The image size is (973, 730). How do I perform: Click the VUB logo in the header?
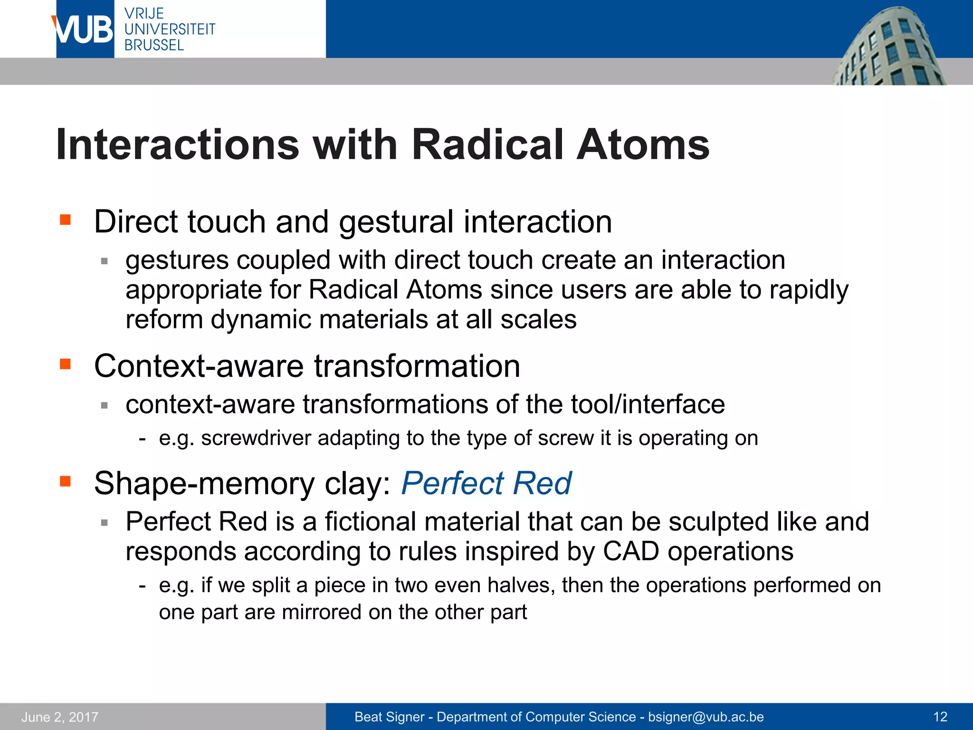pyautogui.click(x=85, y=29)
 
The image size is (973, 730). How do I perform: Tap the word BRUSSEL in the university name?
pyautogui.click(x=154, y=45)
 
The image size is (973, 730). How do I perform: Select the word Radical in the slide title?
pyautogui.click(x=487, y=144)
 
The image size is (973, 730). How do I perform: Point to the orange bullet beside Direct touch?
pyautogui.click(x=65, y=220)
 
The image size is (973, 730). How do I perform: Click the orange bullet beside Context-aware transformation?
pyautogui.click(x=65, y=364)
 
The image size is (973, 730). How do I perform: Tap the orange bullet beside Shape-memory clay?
pyautogui.click(x=65, y=481)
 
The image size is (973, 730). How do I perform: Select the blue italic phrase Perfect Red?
pyautogui.click(x=486, y=483)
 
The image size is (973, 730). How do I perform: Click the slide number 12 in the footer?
pyautogui.click(x=940, y=717)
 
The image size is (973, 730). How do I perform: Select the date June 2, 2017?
pyautogui.click(x=60, y=717)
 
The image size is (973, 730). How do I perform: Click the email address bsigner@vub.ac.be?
pyautogui.click(x=706, y=717)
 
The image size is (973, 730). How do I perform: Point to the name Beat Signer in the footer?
pyautogui.click(x=390, y=717)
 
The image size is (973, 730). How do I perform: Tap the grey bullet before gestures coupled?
pyautogui.click(x=105, y=261)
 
